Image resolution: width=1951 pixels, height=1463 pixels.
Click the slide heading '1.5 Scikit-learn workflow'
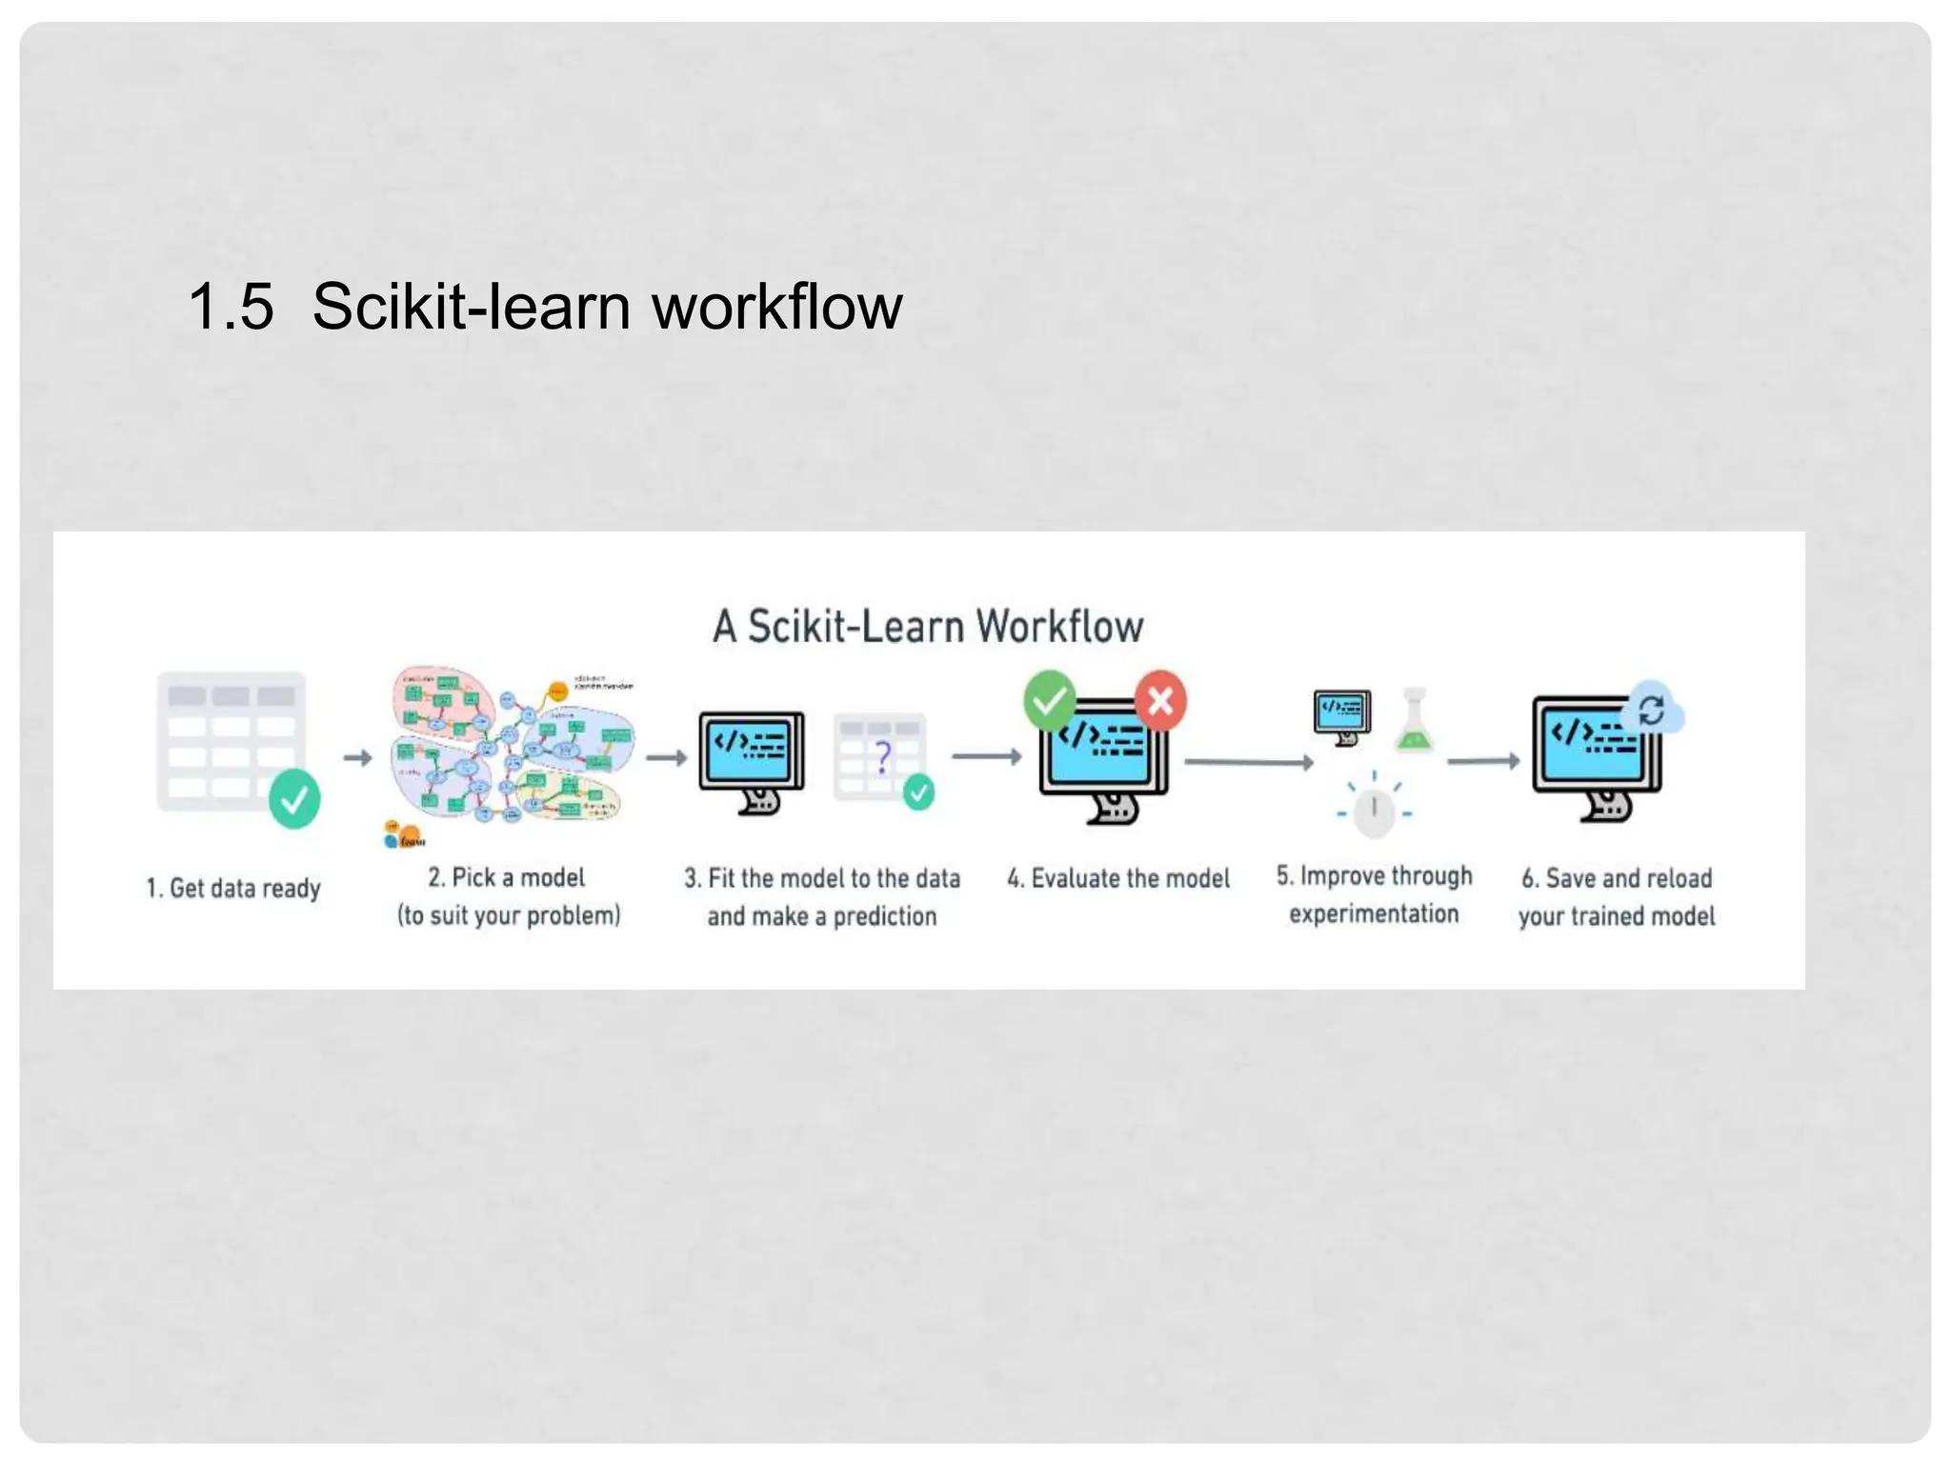click(544, 307)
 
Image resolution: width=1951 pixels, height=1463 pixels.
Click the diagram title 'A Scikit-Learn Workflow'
click(928, 627)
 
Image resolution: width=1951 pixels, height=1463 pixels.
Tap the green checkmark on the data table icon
click(294, 798)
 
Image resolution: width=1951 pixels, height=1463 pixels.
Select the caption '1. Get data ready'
click(233, 888)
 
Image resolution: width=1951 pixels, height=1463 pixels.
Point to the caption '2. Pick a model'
click(506, 877)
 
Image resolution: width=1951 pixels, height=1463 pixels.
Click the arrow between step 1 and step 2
click(357, 758)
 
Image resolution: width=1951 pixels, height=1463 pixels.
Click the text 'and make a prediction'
click(821, 916)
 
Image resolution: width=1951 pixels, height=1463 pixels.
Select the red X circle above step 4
click(1160, 701)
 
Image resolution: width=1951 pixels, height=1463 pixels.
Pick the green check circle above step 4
click(1049, 701)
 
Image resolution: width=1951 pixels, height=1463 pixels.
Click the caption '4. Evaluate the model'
click(1118, 878)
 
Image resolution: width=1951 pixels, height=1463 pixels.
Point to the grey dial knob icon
click(1374, 811)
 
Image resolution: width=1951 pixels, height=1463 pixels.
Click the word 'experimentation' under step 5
click(1374, 914)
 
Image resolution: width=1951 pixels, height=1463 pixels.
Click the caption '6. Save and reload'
click(1617, 878)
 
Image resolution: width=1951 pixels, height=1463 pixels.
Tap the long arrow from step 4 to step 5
click(1248, 762)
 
